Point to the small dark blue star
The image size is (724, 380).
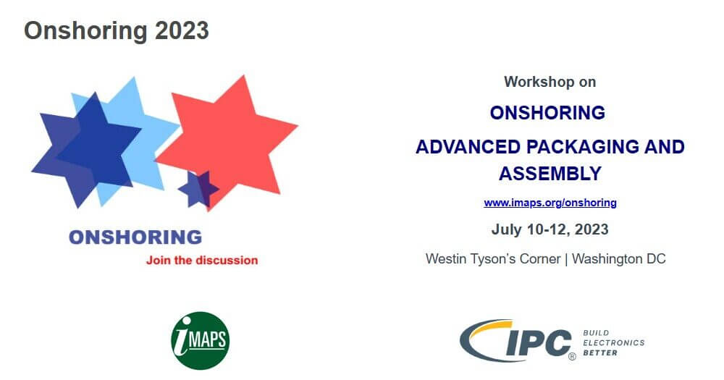click(x=198, y=188)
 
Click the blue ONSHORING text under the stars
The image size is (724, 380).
click(x=135, y=237)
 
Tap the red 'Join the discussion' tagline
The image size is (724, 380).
click(x=202, y=260)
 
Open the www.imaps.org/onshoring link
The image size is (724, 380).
click(x=550, y=203)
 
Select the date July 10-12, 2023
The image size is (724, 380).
click(x=550, y=229)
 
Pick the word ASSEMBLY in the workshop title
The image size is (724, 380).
click(x=550, y=174)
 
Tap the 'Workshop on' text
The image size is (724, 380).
click(x=550, y=82)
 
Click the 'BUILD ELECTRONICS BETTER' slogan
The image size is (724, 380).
click(x=613, y=342)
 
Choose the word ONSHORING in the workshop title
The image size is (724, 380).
click(x=547, y=113)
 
